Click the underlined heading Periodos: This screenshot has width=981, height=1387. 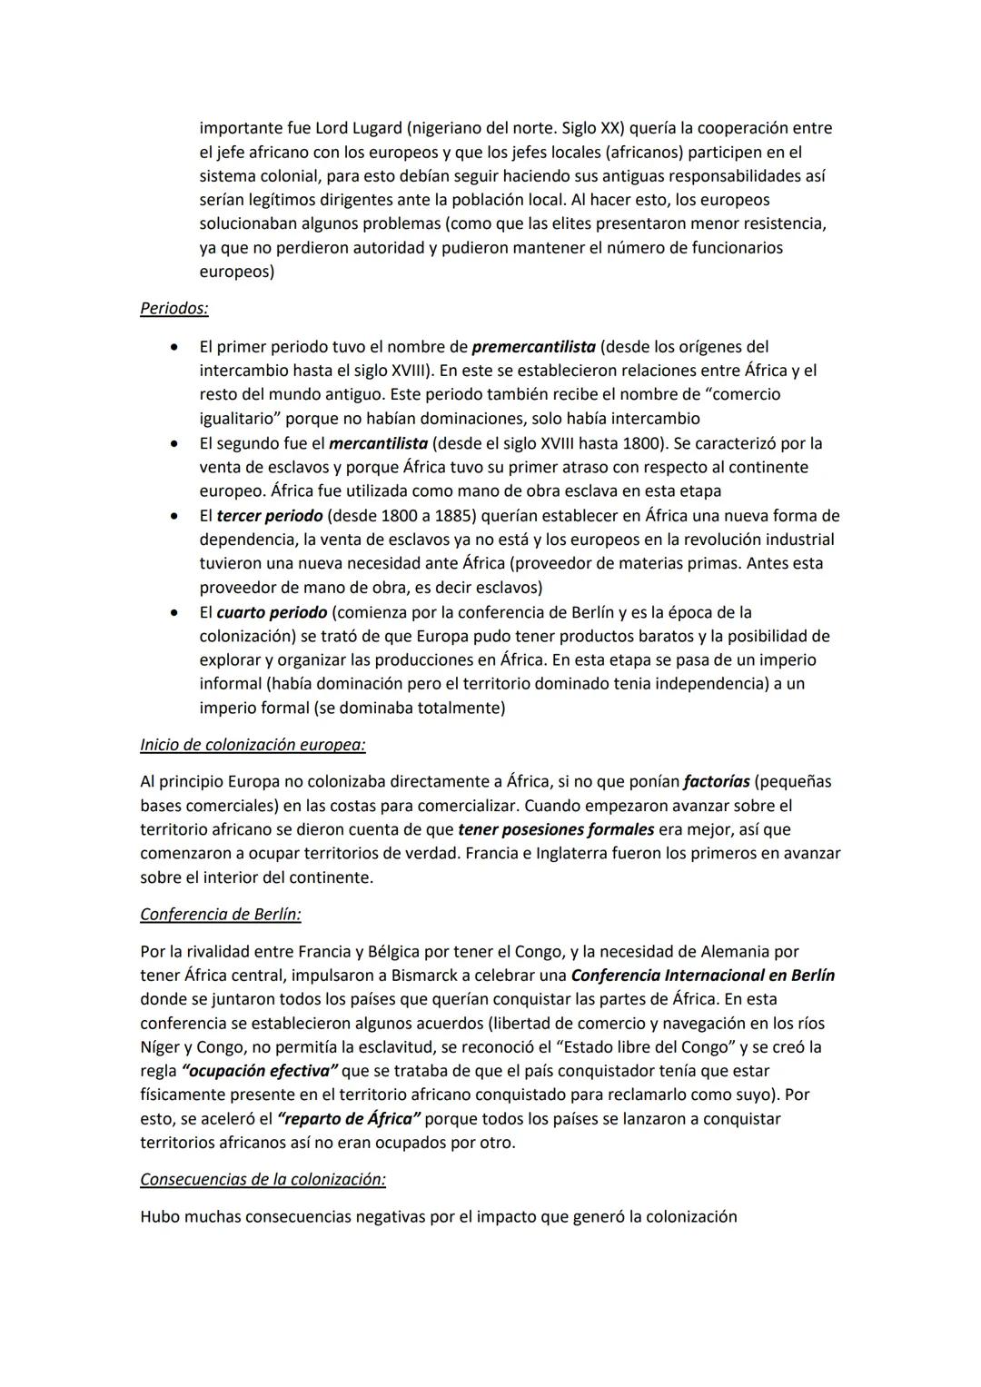(x=173, y=309)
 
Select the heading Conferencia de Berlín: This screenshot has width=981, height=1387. (x=221, y=915)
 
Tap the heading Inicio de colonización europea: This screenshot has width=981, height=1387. (x=253, y=745)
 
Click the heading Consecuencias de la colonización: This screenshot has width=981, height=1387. (x=263, y=1180)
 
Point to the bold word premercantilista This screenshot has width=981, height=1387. (x=534, y=347)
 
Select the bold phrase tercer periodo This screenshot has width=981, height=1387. (x=269, y=516)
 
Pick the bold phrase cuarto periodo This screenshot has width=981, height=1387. (x=272, y=612)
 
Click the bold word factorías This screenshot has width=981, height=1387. (x=716, y=782)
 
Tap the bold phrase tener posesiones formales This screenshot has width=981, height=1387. (x=556, y=829)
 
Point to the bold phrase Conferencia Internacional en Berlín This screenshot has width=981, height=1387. (x=703, y=976)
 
